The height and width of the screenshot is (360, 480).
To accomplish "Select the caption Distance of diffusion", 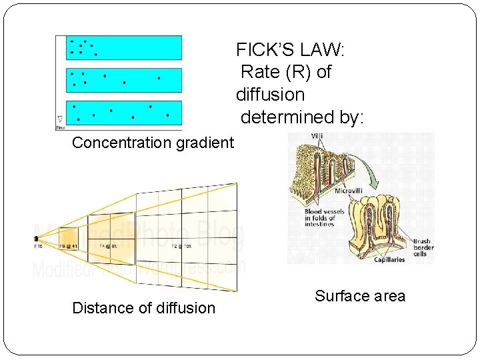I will click(143, 308).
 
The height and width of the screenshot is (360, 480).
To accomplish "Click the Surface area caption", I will click(360, 297).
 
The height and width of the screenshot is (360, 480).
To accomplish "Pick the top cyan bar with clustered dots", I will click(124, 47).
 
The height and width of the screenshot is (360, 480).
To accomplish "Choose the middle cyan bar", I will click(124, 80).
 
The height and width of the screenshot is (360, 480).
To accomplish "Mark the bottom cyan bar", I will click(124, 113).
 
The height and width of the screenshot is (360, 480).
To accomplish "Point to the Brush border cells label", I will click(423, 248).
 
